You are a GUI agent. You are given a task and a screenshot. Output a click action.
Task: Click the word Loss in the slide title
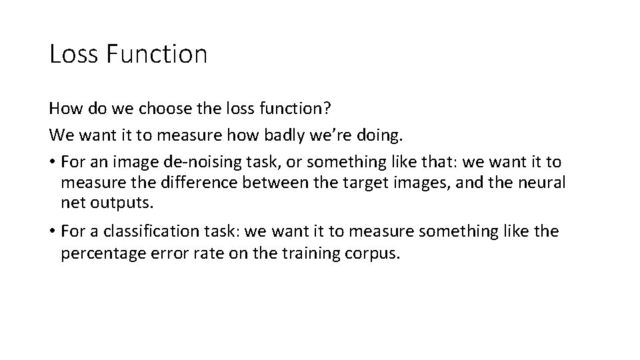tap(73, 54)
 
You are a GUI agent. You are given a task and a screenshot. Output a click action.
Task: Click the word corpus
tap(375, 254)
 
